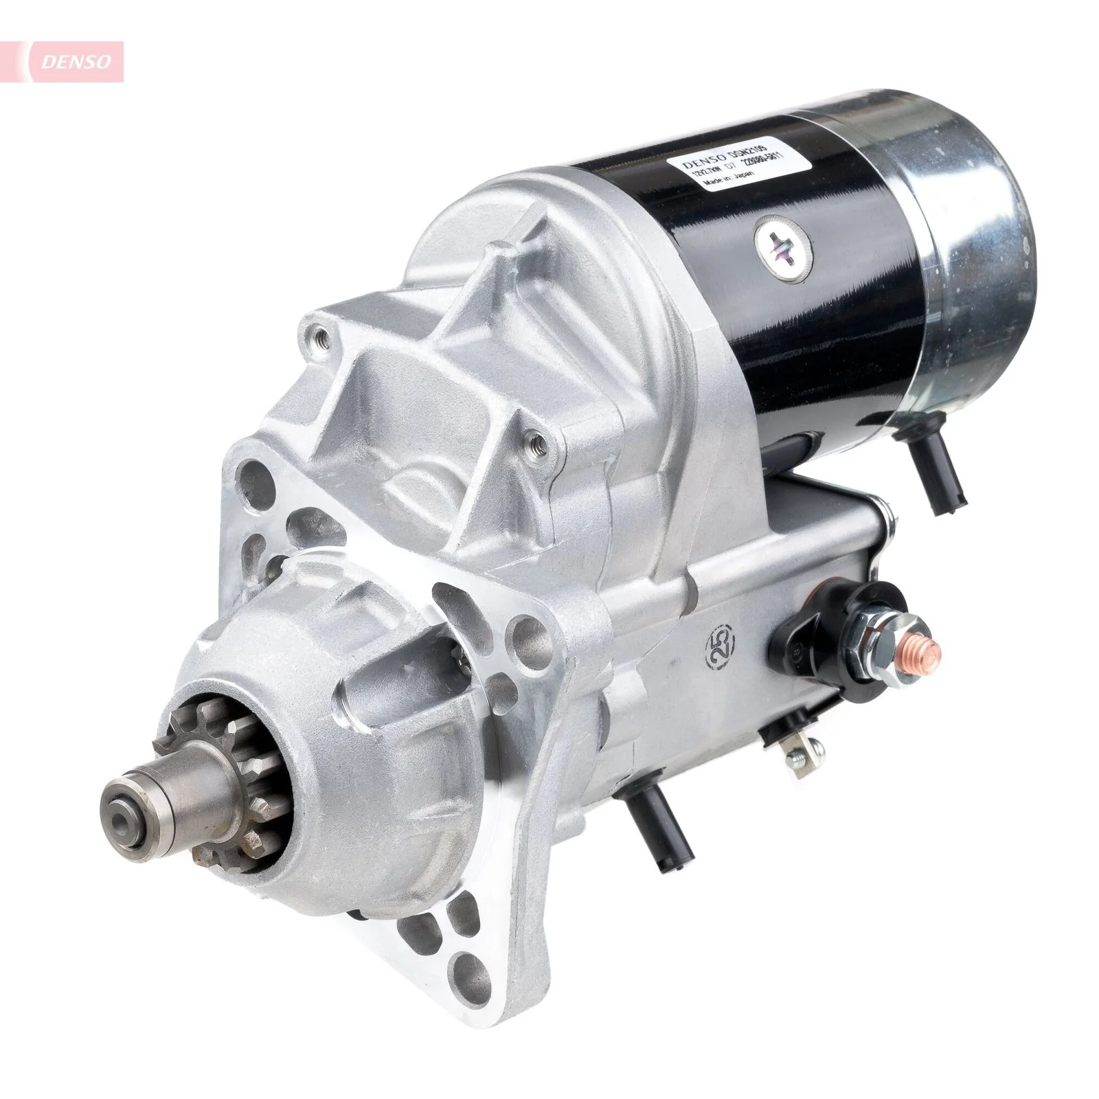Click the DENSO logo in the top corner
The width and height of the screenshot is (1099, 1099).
pos(76,62)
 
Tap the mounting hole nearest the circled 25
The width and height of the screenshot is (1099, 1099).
pos(525,635)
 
